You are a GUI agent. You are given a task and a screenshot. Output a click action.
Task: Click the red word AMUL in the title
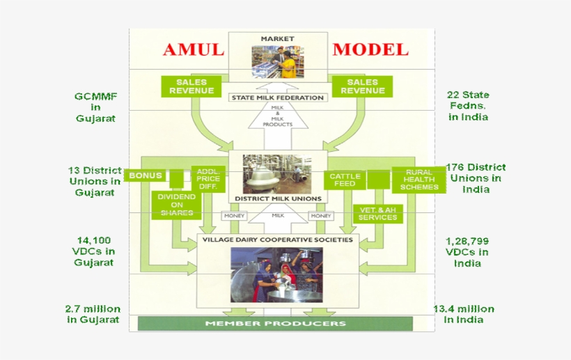tap(194, 49)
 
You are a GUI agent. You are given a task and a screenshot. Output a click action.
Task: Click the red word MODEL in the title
tap(370, 49)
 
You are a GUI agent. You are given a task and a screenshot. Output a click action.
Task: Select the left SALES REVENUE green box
tap(191, 86)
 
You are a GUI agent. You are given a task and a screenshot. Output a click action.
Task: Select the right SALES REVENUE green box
tap(362, 86)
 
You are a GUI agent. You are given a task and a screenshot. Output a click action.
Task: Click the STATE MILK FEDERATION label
tap(278, 97)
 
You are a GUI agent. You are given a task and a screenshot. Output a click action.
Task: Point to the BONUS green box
tap(146, 175)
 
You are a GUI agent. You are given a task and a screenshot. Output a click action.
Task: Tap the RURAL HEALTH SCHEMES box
tap(419, 180)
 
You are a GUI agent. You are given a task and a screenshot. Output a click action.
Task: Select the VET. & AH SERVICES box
tap(377, 213)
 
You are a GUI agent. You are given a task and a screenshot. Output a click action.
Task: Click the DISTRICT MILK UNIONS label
tap(278, 198)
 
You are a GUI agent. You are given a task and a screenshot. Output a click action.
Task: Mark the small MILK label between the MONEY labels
tap(278, 216)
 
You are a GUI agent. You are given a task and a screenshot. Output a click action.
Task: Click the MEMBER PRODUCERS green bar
tap(275, 324)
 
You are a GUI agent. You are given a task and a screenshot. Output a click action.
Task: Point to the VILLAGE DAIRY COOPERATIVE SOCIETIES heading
tap(277, 239)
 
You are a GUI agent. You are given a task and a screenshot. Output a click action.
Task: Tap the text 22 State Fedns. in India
tap(468, 106)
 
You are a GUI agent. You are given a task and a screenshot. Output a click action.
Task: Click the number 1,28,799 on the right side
tap(467, 241)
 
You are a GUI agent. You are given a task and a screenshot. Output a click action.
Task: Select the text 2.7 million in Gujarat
tap(93, 314)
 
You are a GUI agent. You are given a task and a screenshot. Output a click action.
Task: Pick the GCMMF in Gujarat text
tap(95, 107)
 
